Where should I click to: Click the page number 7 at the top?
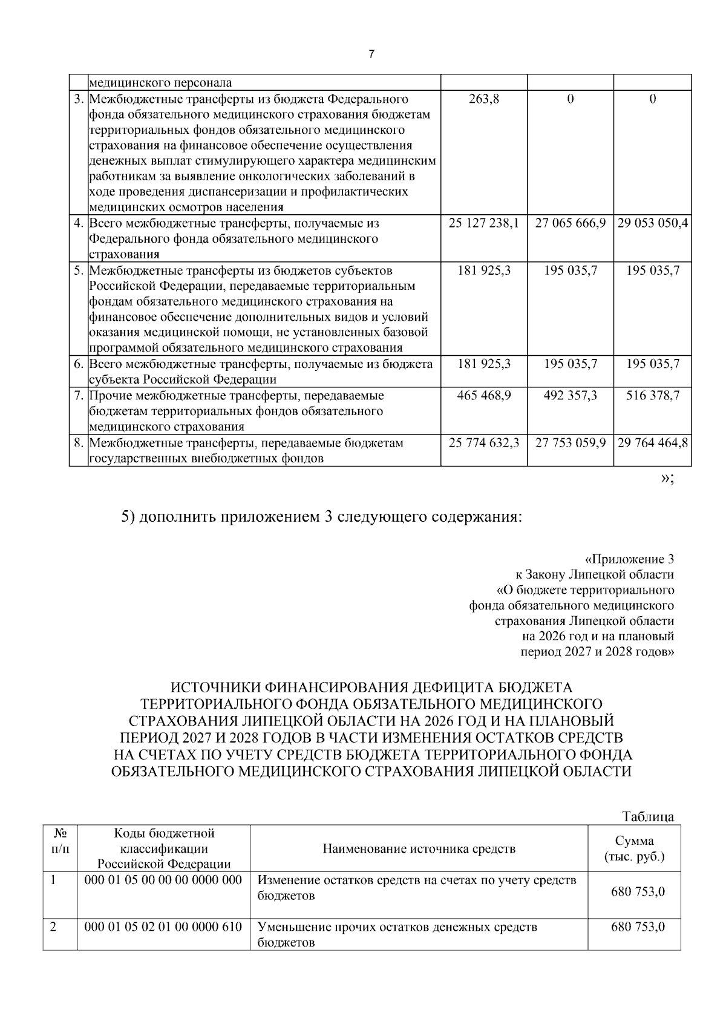point(371,54)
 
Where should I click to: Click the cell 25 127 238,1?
point(484,223)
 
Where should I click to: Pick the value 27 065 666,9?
point(571,223)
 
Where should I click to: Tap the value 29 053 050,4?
point(653,223)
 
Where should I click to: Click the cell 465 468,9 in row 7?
point(484,396)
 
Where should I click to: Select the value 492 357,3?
point(571,396)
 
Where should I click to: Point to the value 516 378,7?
point(653,396)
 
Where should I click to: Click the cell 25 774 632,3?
point(484,443)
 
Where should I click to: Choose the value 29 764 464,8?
point(653,443)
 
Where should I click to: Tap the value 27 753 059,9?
point(571,443)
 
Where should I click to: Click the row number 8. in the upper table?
point(79,443)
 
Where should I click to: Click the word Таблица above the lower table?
point(648,816)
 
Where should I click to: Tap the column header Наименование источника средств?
point(419,848)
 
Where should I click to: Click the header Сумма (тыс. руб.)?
point(634,848)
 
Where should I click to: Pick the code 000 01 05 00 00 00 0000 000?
point(163,880)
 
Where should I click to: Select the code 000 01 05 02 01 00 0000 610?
point(163,927)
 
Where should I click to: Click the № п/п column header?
point(59,841)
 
